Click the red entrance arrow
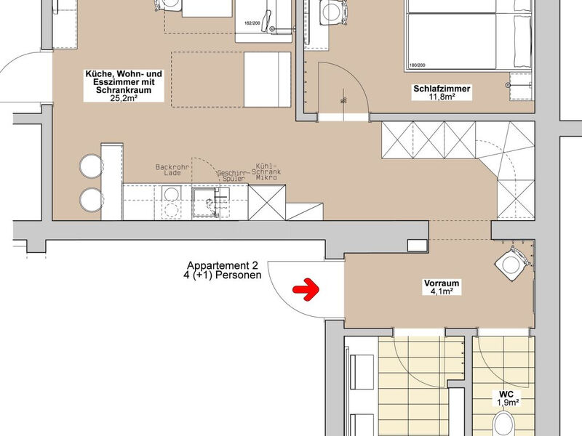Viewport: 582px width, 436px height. click(x=306, y=288)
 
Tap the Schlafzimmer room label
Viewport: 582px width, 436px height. click(x=442, y=89)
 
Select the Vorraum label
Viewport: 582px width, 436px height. click(x=442, y=283)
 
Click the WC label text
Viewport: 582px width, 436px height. click(x=506, y=394)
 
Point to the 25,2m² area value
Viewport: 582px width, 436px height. click(x=124, y=98)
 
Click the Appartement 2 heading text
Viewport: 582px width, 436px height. click(x=222, y=265)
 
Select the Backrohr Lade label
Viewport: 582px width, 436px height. click(x=172, y=170)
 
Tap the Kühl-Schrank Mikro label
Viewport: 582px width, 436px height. click(x=266, y=172)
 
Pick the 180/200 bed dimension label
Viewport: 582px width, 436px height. click(x=417, y=65)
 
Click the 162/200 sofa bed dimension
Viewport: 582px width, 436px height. click(x=252, y=23)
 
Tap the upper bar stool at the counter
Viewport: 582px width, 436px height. click(x=90, y=166)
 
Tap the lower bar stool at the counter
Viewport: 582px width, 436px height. click(x=90, y=199)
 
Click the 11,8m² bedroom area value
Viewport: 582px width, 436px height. click(x=442, y=97)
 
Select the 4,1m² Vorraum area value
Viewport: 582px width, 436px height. click(x=442, y=291)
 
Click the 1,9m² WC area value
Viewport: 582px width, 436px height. click(x=508, y=403)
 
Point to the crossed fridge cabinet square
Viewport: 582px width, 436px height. click(x=267, y=202)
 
